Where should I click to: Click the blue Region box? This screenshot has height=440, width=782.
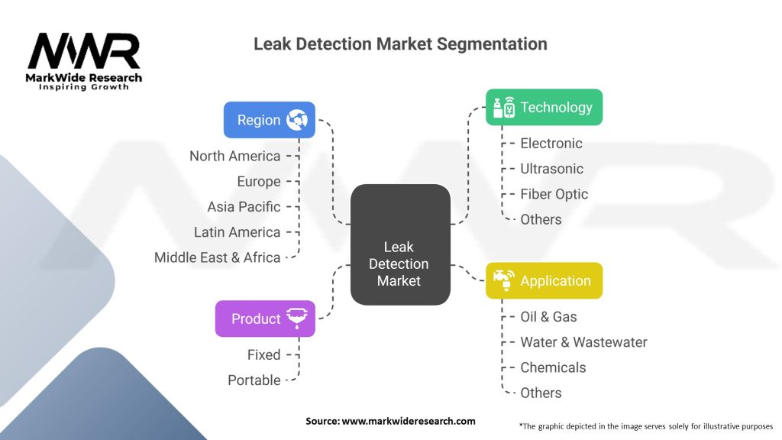pos(270,120)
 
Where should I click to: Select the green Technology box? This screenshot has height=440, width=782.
pos(544,107)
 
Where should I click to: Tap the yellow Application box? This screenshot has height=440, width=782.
pos(544,281)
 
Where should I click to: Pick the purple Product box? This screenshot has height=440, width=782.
pos(265,319)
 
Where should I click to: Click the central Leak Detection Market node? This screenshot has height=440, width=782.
pos(400,244)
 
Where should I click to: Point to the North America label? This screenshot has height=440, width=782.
pos(235,156)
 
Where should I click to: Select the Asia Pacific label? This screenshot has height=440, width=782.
pos(244,206)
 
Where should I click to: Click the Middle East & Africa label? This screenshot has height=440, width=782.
pos(217,257)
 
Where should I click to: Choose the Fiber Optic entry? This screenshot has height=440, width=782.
pos(554,194)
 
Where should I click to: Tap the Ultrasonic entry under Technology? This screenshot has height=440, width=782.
pos(551,169)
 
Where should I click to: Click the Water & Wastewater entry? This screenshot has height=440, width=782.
pos(583,342)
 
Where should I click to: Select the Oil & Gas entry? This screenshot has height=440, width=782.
pos(548,317)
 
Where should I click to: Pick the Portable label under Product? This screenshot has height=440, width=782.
pos(254,380)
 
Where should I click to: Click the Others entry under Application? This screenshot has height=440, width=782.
pos(541,393)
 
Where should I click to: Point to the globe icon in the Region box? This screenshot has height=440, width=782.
pos(297,120)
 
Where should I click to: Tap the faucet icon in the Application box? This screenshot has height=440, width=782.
pos(504,280)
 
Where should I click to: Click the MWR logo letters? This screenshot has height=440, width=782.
pos(84,51)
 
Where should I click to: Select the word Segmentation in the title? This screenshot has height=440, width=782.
pos(492,44)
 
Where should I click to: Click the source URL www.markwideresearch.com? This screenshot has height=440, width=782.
pos(409,421)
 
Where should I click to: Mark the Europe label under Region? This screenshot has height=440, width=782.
pos(259,182)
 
